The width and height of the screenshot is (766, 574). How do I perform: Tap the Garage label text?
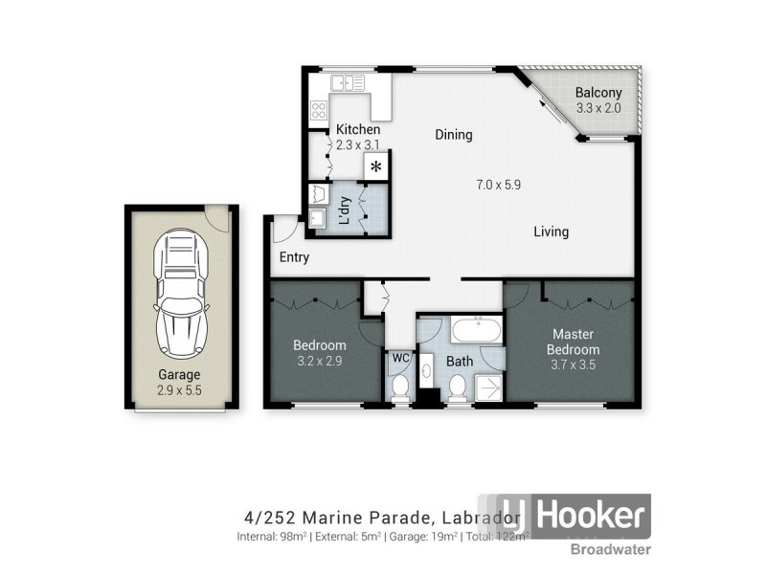(180, 375)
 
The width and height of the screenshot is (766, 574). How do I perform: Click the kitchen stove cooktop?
(318, 111)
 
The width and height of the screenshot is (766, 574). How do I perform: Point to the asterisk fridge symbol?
(376, 167)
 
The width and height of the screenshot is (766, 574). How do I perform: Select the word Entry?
(296, 257)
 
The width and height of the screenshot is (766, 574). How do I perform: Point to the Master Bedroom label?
(574, 342)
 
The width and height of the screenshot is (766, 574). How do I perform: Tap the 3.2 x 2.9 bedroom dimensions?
(320, 361)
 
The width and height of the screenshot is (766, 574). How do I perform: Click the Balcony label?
(598, 93)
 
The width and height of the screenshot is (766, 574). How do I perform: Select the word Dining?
(454, 135)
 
